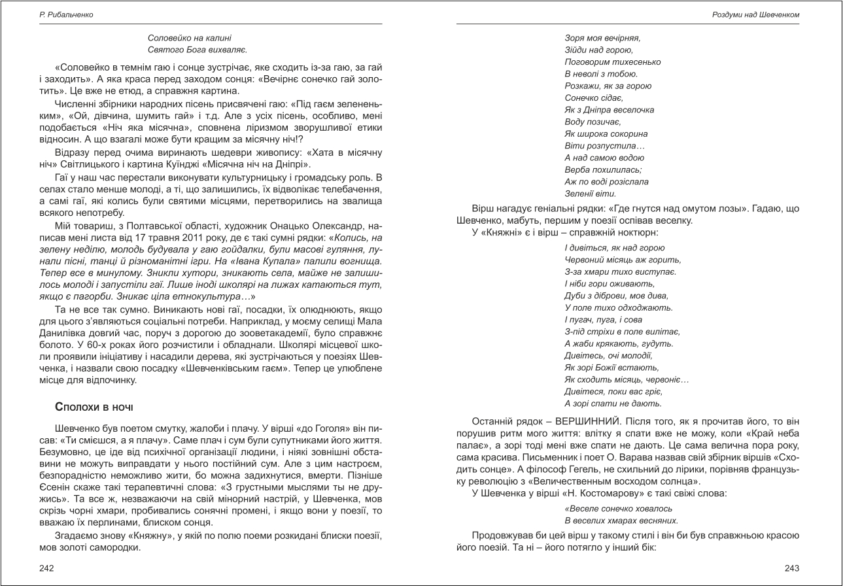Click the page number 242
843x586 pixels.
coord(46,568)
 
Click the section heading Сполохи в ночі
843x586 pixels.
coord(95,407)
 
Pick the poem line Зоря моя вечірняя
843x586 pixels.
coord(602,38)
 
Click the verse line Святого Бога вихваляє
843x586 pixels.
coord(198,50)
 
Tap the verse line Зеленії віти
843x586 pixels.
coord(590,194)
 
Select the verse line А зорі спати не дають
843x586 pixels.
coord(609,404)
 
